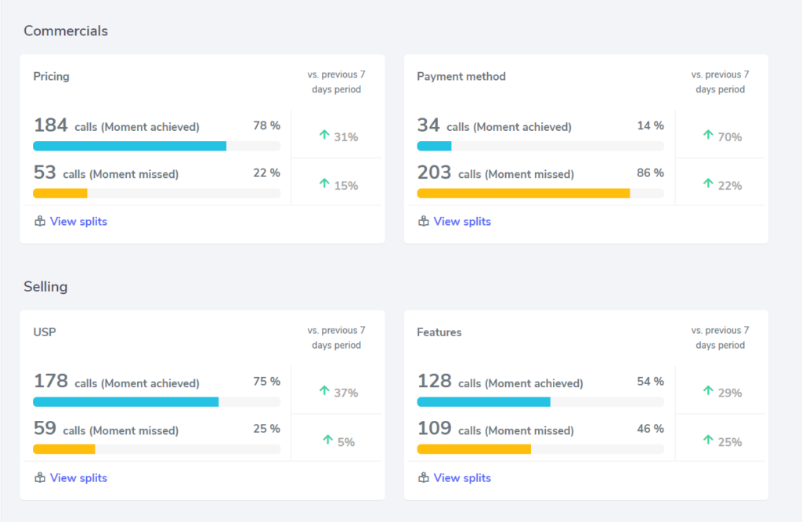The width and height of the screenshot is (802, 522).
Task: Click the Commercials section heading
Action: coord(66,31)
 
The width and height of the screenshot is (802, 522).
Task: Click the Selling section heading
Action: coord(45,287)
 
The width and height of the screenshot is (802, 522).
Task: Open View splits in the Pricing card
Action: coord(78,222)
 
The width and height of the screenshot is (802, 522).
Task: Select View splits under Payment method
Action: coord(462,222)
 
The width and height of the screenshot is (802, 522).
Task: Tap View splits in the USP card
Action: coord(78,478)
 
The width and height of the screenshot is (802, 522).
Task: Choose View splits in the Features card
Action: coord(462,478)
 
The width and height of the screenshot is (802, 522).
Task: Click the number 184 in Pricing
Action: coord(50,125)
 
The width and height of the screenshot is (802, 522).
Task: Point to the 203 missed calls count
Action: coord(434,172)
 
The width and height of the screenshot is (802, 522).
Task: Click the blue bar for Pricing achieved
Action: coord(129,146)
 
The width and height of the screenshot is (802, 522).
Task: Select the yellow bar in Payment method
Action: coord(523,193)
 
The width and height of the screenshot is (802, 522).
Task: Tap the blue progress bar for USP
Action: coord(125,402)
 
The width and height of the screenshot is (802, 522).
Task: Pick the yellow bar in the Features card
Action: coord(474,449)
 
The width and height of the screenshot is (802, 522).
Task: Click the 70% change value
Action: coord(729,137)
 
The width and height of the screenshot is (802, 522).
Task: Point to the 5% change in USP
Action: coord(345,442)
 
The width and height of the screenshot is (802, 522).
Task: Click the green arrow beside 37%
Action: coord(324,391)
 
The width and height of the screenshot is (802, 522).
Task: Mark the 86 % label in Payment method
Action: coord(650,173)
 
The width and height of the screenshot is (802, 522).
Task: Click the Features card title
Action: coord(439,332)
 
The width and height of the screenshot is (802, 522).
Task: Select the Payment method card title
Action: coord(461,77)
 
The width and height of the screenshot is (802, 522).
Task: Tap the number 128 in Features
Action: coord(434,382)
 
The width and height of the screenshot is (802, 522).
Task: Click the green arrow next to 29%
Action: coord(708,391)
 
